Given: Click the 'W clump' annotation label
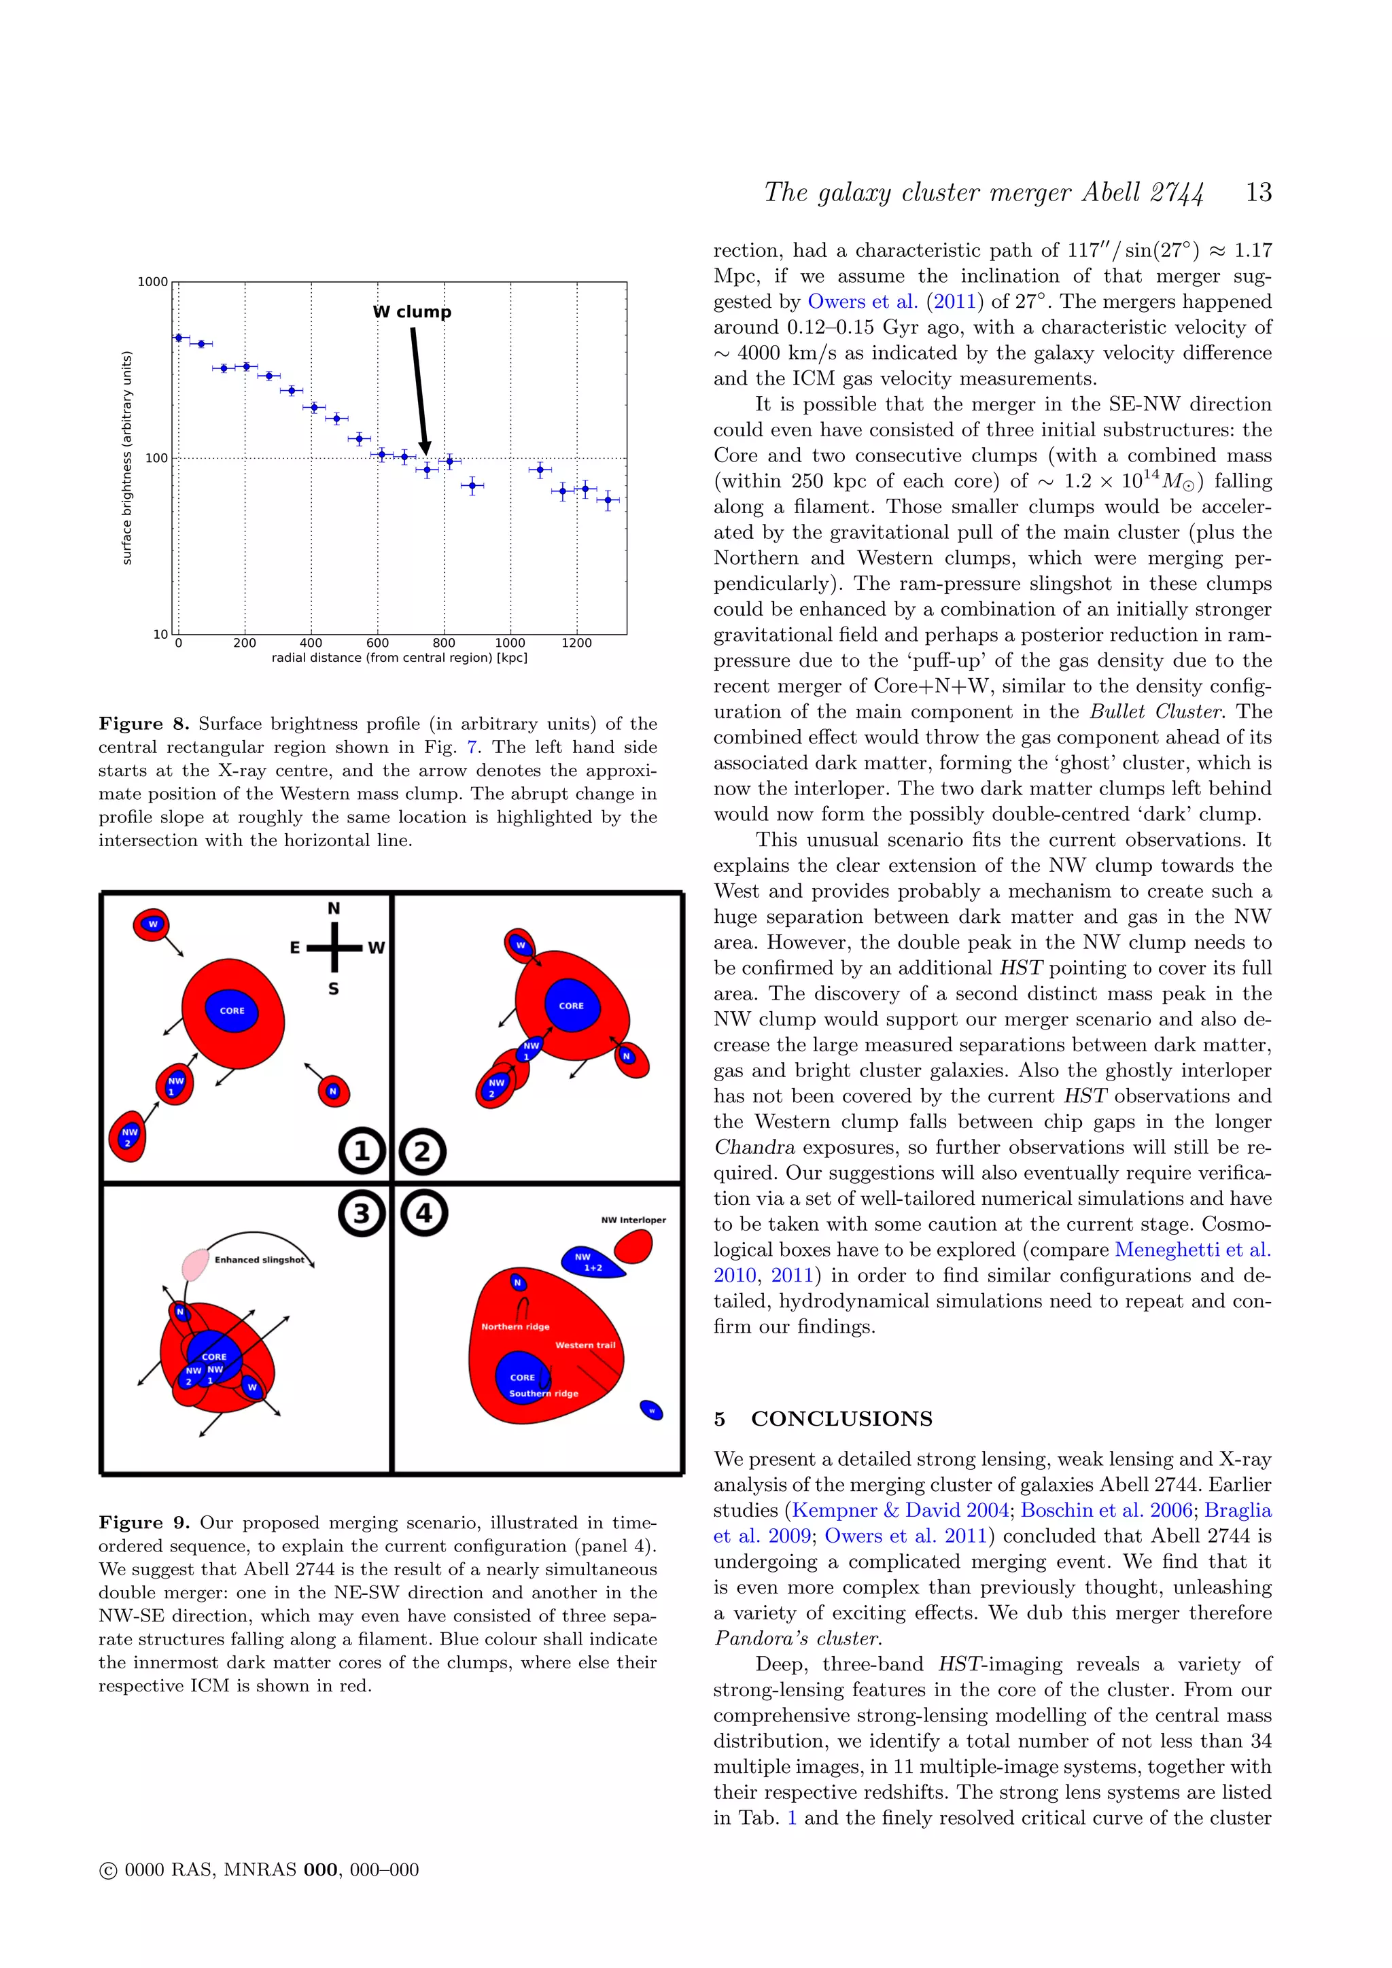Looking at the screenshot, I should click(413, 312).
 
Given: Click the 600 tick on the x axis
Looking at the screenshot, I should click(377, 643).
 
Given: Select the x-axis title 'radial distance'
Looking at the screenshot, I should click(400, 658).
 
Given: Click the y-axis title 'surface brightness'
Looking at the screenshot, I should click(127, 458).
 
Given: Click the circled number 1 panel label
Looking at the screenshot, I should click(362, 1151).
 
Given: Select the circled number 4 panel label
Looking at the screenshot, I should click(423, 1213).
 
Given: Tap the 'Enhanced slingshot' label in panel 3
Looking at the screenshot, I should click(259, 1260).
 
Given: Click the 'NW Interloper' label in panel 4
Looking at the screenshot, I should click(633, 1220).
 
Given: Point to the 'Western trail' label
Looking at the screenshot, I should click(585, 1345).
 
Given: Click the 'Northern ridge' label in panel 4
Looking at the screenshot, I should click(515, 1326).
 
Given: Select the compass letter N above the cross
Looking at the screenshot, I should click(334, 909).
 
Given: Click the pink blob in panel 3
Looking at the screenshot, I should click(196, 1264).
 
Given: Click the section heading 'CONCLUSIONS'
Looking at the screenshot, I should click(841, 1418).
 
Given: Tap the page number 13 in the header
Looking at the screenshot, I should click(1258, 192).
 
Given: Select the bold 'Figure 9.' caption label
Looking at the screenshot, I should click(144, 1522).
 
